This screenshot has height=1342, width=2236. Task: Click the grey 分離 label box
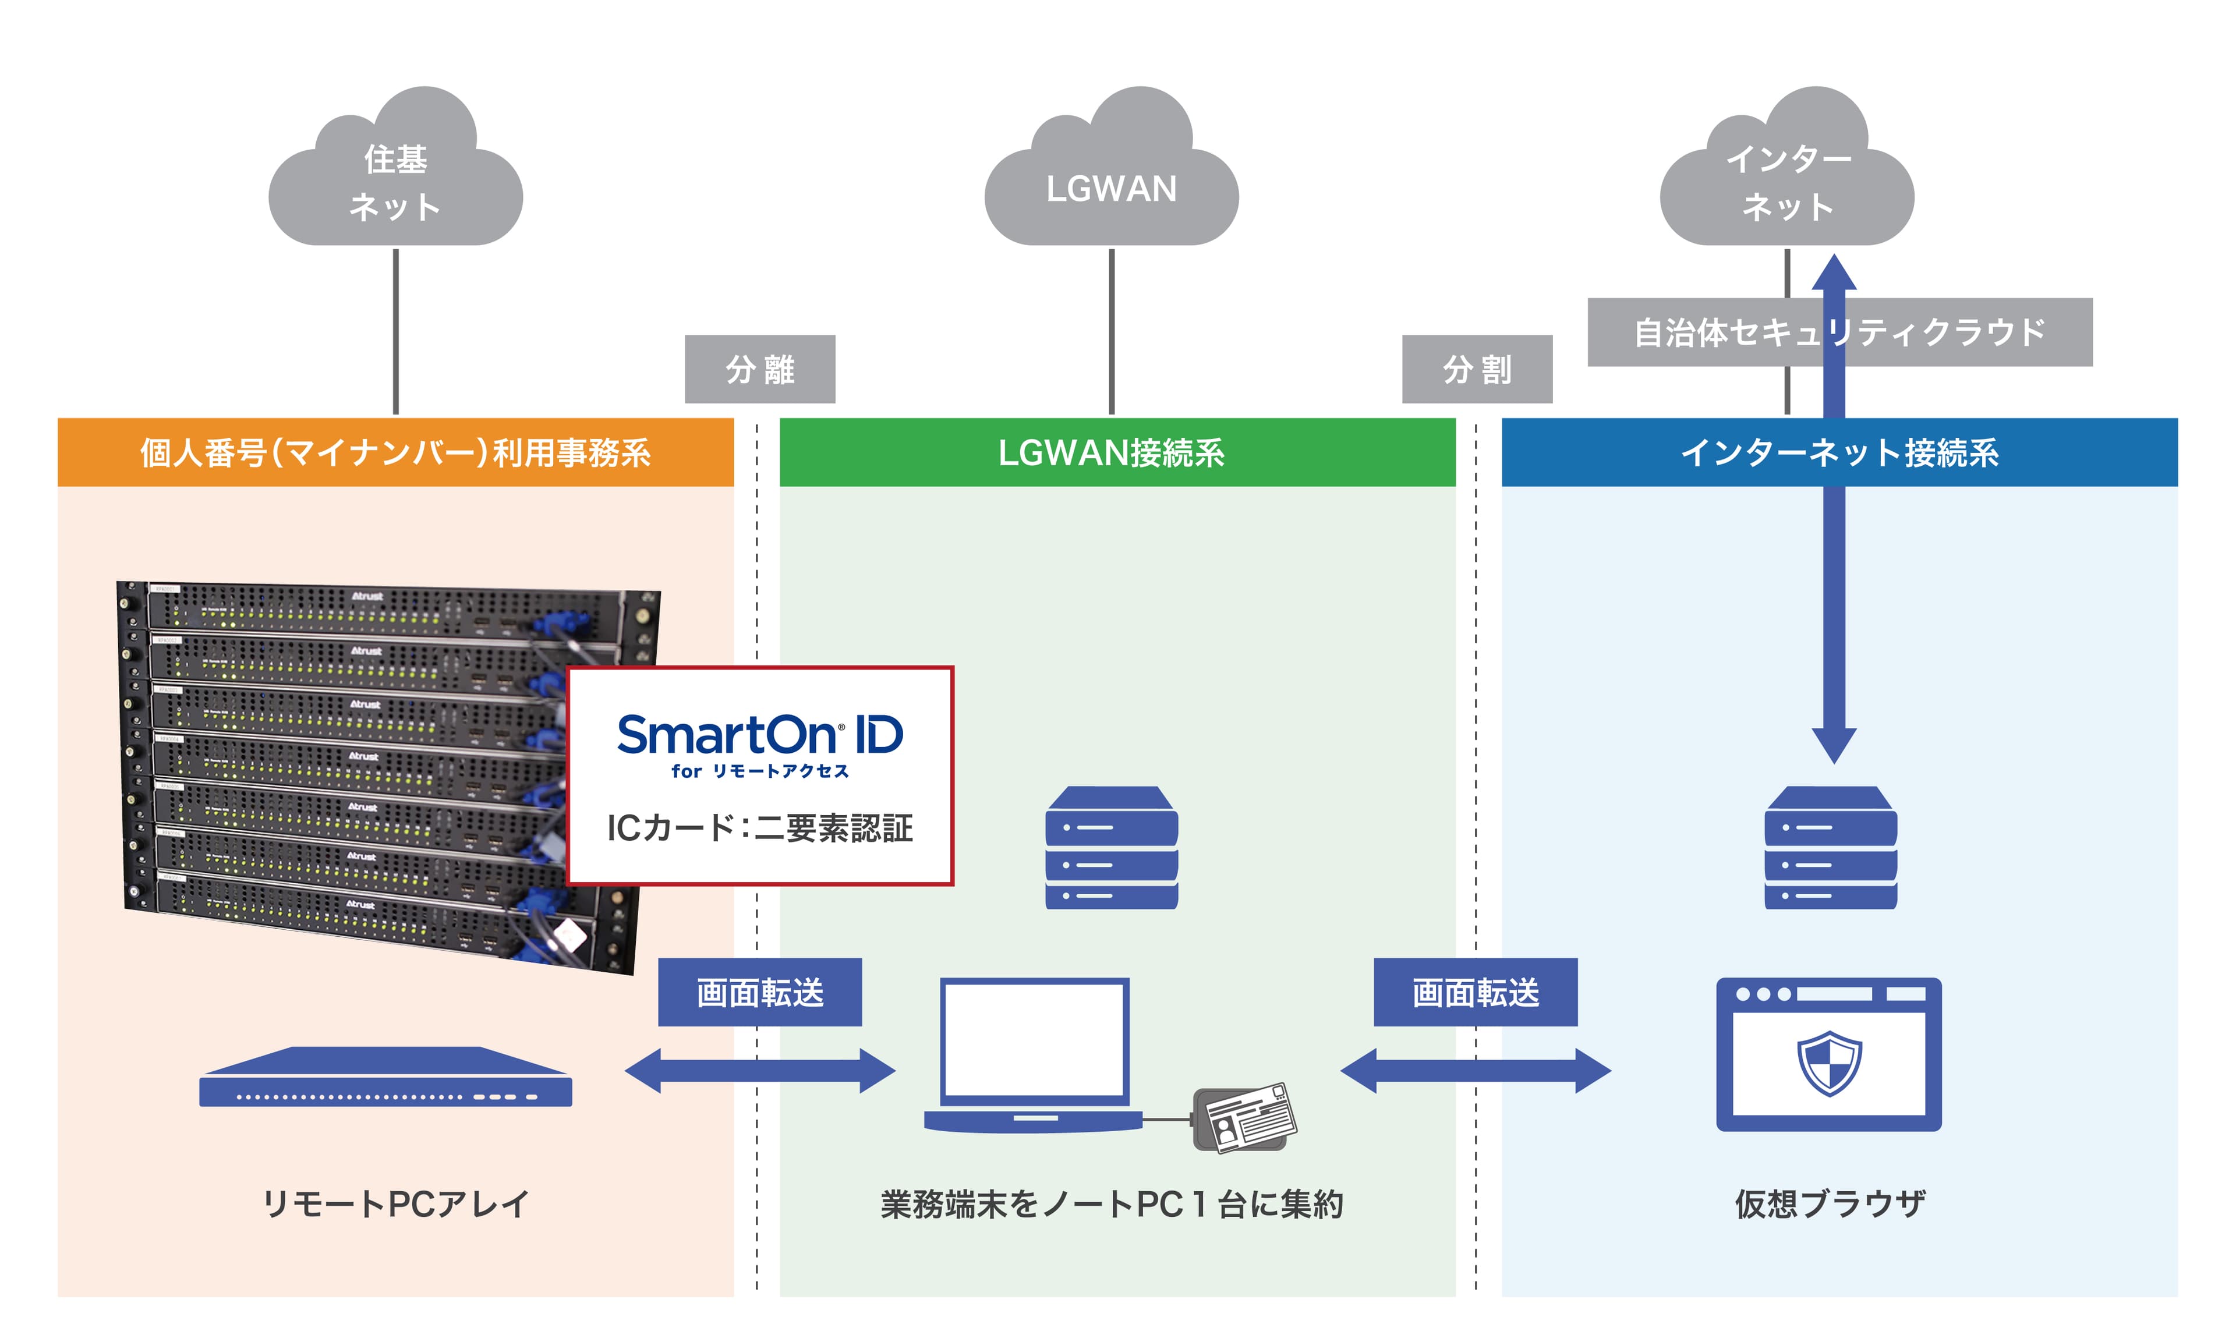(x=759, y=369)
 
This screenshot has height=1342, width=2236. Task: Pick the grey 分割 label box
(x=1477, y=369)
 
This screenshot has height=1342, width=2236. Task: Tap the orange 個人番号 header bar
(x=395, y=452)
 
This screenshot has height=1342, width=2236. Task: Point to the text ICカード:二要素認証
(x=759, y=827)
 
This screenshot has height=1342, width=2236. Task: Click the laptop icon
(x=1034, y=1054)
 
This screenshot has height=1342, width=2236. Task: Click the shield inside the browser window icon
(x=1828, y=1063)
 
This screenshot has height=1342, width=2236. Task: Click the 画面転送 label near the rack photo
(x=759, y=992)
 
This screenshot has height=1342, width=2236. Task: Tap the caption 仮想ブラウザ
(x=1828, y=1203)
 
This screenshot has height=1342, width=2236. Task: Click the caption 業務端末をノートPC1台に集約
(x=1110, y=1203)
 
